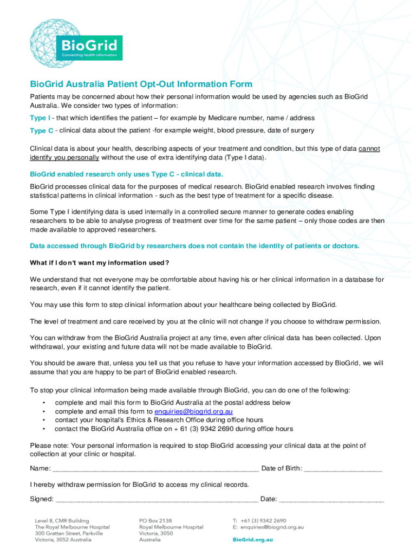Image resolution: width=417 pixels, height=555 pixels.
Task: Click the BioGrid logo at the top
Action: pyautogui.click(x=76, y=40)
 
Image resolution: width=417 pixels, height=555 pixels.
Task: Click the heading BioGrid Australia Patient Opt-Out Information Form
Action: pyautogui.click(x=141, y=84)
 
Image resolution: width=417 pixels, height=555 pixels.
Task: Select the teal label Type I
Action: pyautogui.click(x=40, y=118)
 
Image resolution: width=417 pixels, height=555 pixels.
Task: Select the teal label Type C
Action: pyautogui.click(x=42, y=131)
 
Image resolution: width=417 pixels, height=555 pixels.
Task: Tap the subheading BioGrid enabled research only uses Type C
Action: pyautogui.click(x=126, y=174)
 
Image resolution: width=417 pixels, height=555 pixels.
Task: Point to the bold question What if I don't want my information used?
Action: pyautogui.click(x=100, y=263)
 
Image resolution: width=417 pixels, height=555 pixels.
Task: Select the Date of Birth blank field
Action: pyautogui.click(x=343, y=469)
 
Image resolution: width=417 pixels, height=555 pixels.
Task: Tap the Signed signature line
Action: pyautogui.click(x=157, y=499)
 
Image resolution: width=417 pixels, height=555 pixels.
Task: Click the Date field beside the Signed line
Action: pyautogui.click(x=331, y=499)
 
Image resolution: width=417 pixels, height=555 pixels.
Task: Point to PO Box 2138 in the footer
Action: pyautogui.click(x=155, y=520)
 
